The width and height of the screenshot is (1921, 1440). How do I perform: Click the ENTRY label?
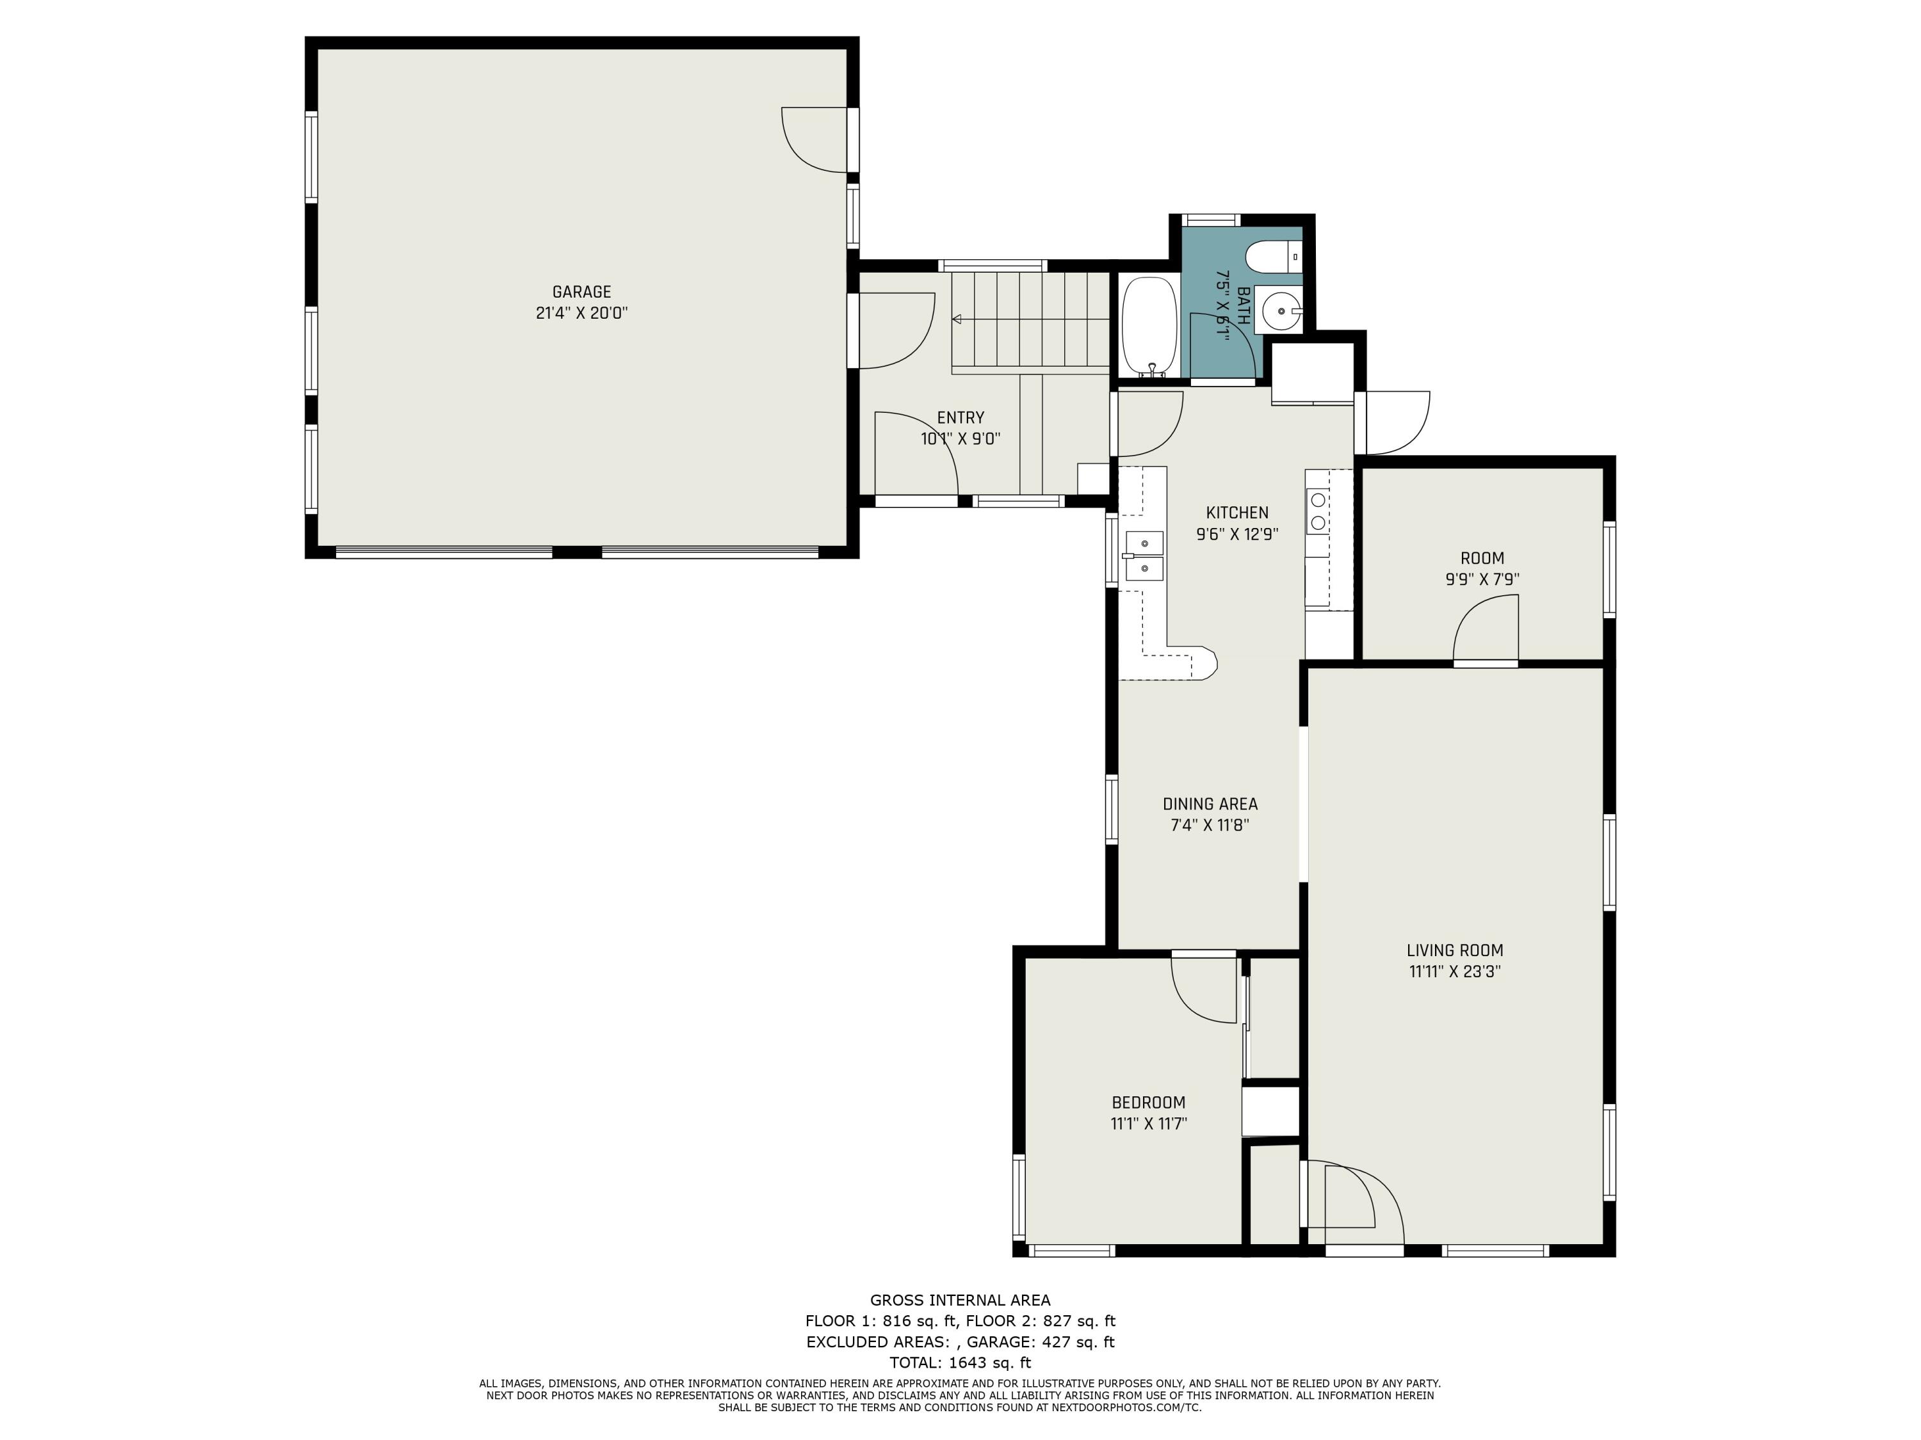(x=960, y=417)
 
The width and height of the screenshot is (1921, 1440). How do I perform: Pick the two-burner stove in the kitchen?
(x=1317, y=511)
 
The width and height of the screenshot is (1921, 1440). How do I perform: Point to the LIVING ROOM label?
(x=1455, y=950)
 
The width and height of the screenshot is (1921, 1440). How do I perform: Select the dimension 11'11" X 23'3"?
(x=1455, y=972)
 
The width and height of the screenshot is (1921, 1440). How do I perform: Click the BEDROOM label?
(x=1148, y=1102)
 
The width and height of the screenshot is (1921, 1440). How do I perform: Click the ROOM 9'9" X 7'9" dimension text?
(x=1482, y=579)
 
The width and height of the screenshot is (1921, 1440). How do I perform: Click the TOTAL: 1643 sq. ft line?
(x=960, y=1363)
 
